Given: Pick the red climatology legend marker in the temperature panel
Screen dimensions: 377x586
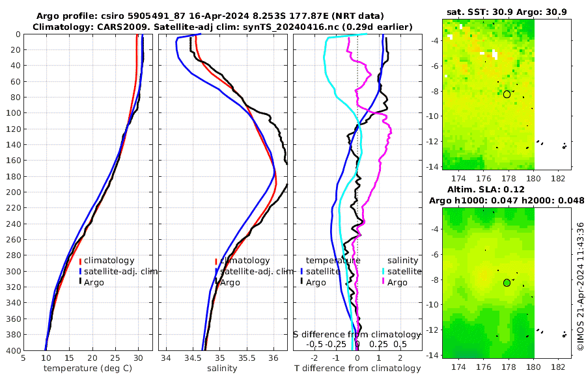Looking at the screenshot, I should pos(80,261).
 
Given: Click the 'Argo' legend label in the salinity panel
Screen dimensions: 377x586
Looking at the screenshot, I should pos(231,282).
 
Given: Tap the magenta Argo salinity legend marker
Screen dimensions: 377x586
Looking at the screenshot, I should pos(384,282).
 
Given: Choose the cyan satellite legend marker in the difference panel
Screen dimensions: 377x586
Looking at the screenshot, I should pos(384,271).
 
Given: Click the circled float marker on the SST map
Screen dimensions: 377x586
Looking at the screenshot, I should pos(507,94).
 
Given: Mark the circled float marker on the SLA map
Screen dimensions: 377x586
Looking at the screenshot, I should pos(507,283).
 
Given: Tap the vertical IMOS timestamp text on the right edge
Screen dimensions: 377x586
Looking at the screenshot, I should pos(580,286).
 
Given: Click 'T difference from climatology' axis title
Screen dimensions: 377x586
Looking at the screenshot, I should pos(357,369).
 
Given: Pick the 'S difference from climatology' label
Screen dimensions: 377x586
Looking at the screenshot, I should pos(357,334).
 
